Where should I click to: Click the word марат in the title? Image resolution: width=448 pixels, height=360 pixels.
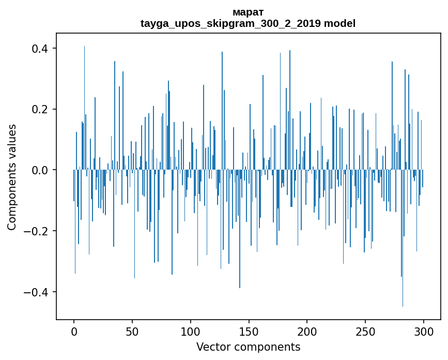coord(248,12)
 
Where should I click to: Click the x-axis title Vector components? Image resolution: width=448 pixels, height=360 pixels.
coord(248,347)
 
